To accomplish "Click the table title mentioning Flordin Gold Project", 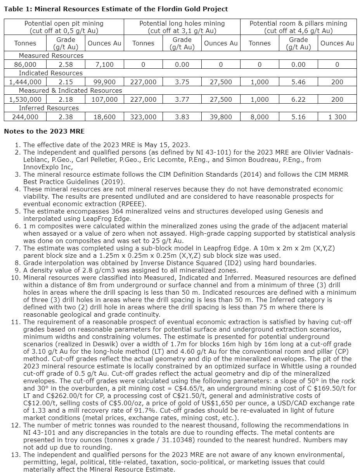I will [x=116, y=9].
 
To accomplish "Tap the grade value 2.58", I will [x=66, y=64].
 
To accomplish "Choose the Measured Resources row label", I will [x=51, y=56].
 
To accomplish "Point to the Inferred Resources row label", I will [x=49, y=108].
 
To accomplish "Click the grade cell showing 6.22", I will [x=298, y=99].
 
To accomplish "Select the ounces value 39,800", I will [x=221, y=117].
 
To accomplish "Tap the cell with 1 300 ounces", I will [x=337, y=117].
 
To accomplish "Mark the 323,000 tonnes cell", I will [x=143, y=117].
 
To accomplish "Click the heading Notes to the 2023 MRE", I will [x=44, y=131].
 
